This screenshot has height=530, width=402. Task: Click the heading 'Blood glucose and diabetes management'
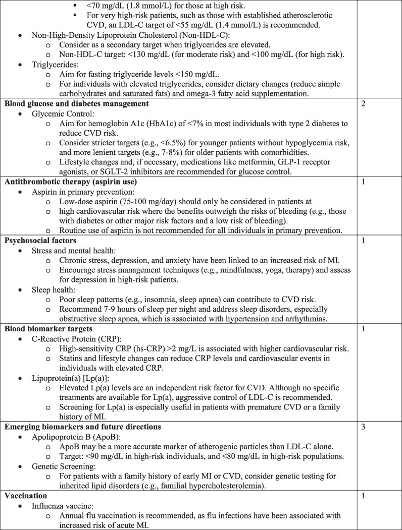[x=76, y=104]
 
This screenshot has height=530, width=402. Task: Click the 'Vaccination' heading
[x=26, y=496]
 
